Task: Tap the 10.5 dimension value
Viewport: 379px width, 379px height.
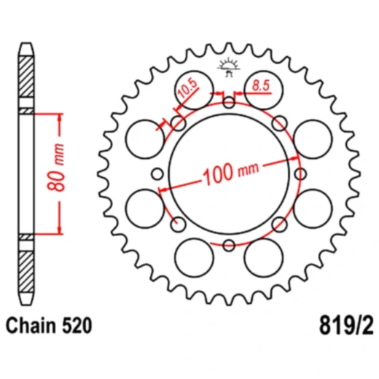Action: pos(187,93)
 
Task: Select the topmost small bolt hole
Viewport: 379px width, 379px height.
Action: pos(228,101)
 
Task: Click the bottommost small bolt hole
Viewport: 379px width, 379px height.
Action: pos(228,244)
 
